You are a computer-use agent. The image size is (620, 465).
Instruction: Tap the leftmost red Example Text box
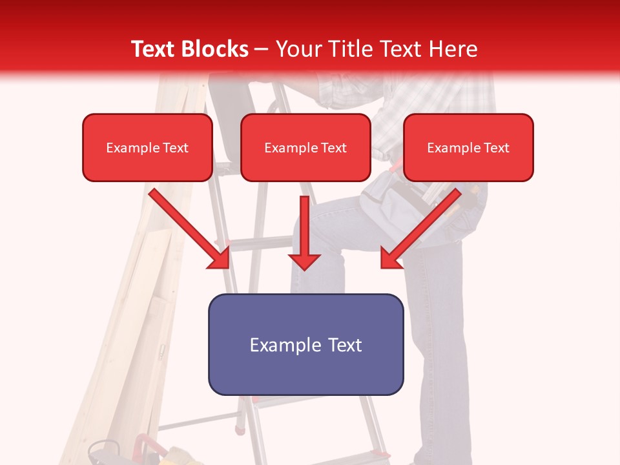(x=147, y=147)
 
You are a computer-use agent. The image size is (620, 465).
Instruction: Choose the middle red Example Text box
(x=305, y=147)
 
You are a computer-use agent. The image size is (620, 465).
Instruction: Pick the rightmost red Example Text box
(x=468, y=147)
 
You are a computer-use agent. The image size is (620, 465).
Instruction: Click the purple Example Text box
(x=305, y=344)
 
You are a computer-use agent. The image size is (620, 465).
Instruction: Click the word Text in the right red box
(x=496, y=148)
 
